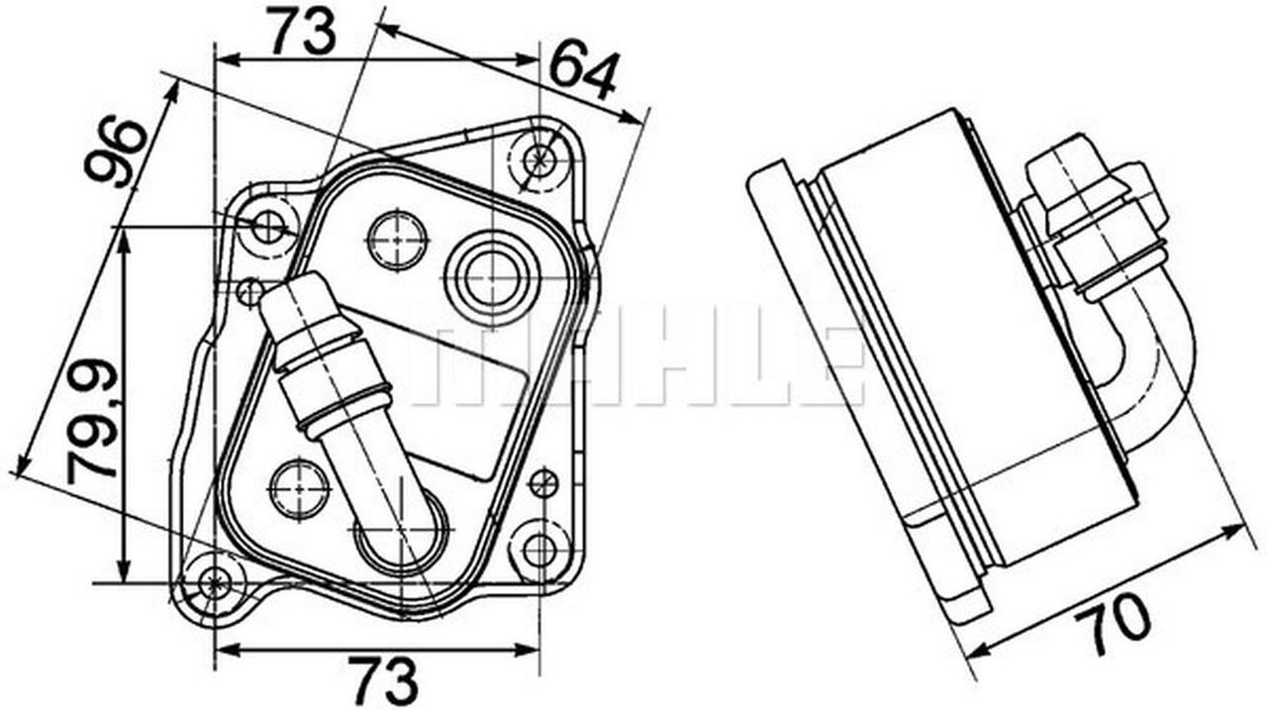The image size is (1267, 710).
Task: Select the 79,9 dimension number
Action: [x=94, y=420]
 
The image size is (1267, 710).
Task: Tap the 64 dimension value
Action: [x=583, y=71]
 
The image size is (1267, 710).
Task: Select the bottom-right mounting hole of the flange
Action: [x=537, y=551]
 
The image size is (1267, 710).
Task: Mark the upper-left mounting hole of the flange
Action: [x=268, y=227]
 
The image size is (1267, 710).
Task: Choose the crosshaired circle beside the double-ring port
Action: [x=397, y=239]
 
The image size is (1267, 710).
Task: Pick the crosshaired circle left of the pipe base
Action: [x=299, y=488]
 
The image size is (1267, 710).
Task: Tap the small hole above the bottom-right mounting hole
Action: [x=543, y=484]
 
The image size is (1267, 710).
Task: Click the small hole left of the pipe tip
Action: [x=249, y=290]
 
